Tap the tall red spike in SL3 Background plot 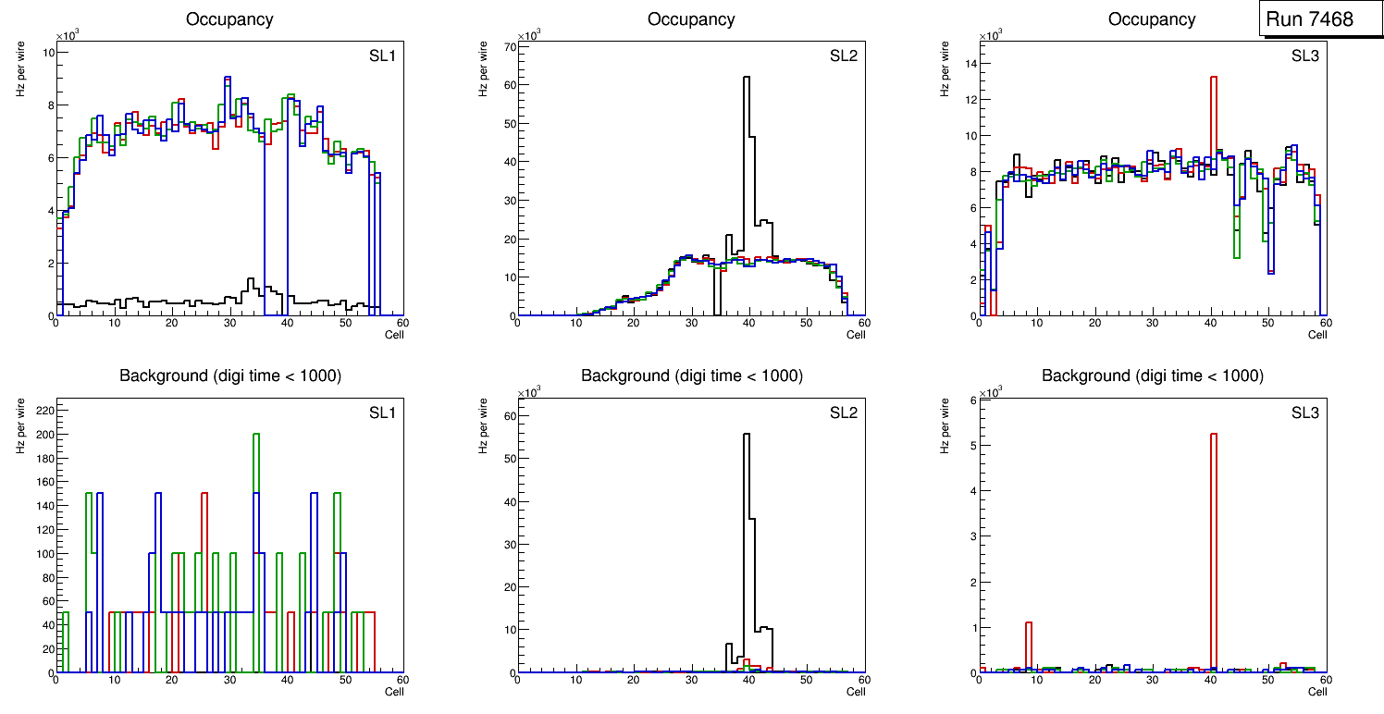1213,555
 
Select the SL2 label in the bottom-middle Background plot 843,412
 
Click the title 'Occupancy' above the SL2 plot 691,19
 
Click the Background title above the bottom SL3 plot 1152,375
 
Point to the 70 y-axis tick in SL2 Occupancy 507,45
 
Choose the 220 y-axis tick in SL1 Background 42,407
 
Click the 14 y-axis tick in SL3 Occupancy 969,64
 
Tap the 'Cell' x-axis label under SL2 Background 856,691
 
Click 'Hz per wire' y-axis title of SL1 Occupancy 20,70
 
